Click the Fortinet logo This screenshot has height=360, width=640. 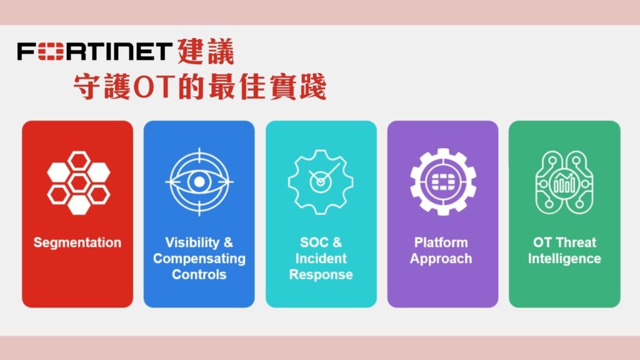pos(94,51)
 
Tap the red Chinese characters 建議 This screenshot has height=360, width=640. pos(206,51)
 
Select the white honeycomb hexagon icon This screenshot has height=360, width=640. pos(78,183)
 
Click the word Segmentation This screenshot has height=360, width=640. pos(77,242)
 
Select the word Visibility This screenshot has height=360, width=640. pos(192,242)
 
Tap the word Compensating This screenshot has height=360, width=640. pos(199,259)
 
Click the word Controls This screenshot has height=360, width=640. pos(199,275)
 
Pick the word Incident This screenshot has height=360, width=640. pos(321,258)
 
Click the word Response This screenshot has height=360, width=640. pos(321,275)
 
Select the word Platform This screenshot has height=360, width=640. pos(441,242)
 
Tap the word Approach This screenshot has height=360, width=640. pos(441,259)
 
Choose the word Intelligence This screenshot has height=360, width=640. pos(564,259)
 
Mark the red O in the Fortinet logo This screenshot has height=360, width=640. pos(51,51)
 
